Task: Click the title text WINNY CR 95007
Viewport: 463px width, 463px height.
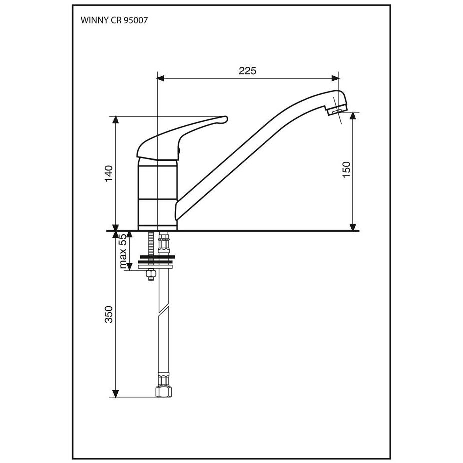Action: tap(114, 20)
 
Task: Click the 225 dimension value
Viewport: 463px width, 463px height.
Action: tap(247, 71)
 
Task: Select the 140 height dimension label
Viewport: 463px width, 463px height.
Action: tap(109, 174)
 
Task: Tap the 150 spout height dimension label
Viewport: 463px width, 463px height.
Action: tap(346, 169)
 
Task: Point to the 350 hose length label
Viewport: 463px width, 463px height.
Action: tap(109, 314)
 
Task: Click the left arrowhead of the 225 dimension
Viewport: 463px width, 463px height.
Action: tap(160, 78)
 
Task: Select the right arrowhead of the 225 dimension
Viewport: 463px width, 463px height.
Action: tap(335, 78)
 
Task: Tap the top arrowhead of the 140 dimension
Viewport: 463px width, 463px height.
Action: tap(116, 120)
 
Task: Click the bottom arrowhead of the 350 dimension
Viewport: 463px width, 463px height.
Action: tap(116, 394)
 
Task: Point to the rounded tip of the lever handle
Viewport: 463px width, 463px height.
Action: tap(225, 119)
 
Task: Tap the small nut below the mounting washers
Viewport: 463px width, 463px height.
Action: tap(151, 275)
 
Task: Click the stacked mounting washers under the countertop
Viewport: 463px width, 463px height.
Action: tap(156, 262)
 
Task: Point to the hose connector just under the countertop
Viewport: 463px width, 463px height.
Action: tap(164, 243)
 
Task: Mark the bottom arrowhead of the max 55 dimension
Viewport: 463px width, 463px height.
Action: tap(129, 266)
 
